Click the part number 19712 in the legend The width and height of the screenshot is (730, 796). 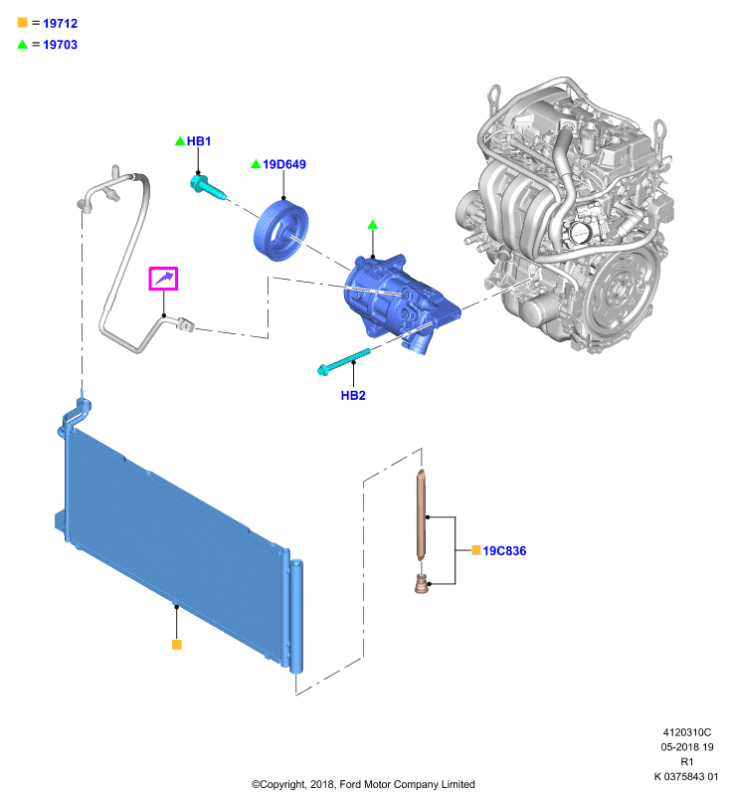tap(60, 23)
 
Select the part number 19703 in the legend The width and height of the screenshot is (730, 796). tap(60, 45)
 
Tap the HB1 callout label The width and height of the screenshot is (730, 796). tap(199, 141)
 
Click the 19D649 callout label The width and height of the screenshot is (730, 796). tap(284, 164)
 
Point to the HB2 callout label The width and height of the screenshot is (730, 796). tap(353, 395)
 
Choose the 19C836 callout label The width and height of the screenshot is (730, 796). tap(504, 551)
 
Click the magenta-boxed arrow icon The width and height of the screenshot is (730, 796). tap(163, 279)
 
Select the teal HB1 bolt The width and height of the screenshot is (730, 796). tap(208, 187)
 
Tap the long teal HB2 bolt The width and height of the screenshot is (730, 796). tap(343, 361)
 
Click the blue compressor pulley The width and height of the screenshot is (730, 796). tap(280, 231)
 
